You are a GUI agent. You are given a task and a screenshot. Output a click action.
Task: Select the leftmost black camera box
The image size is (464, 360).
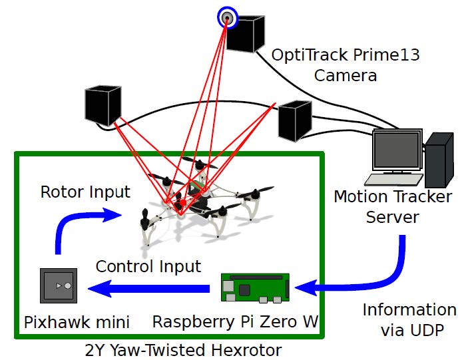(103, 106)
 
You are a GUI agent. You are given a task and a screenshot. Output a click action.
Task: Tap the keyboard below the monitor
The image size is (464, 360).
(392, 179)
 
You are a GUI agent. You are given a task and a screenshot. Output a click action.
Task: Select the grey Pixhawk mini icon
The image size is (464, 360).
(61, 286)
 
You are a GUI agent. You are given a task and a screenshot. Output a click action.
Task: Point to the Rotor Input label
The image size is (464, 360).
(85, 192)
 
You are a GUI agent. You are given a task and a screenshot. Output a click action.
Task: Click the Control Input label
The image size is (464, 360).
(148, 267)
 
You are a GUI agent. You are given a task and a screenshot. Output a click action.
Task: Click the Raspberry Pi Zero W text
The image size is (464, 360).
(235, 322)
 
